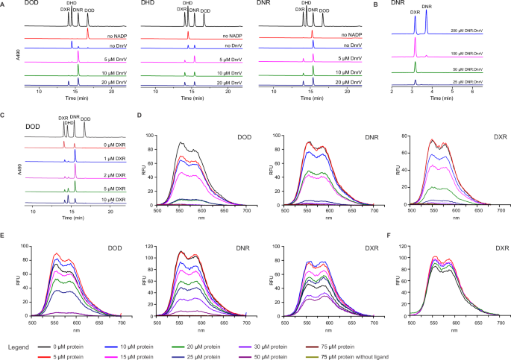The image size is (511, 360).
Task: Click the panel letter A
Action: point(4,4)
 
